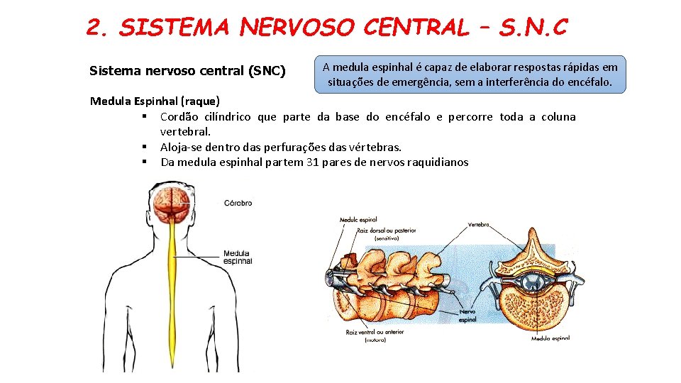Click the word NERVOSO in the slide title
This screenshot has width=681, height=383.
tap(298, 27)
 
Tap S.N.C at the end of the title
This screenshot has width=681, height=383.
tap(533, 27)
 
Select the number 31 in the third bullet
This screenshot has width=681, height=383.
tap(331, 162)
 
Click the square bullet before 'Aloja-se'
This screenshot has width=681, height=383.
tap(144, 147)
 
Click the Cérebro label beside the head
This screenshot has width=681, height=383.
tap(238, 203)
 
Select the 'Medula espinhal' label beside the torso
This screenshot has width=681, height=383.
tap(237, 257)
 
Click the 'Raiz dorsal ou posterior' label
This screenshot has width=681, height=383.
tap(385, 230)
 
